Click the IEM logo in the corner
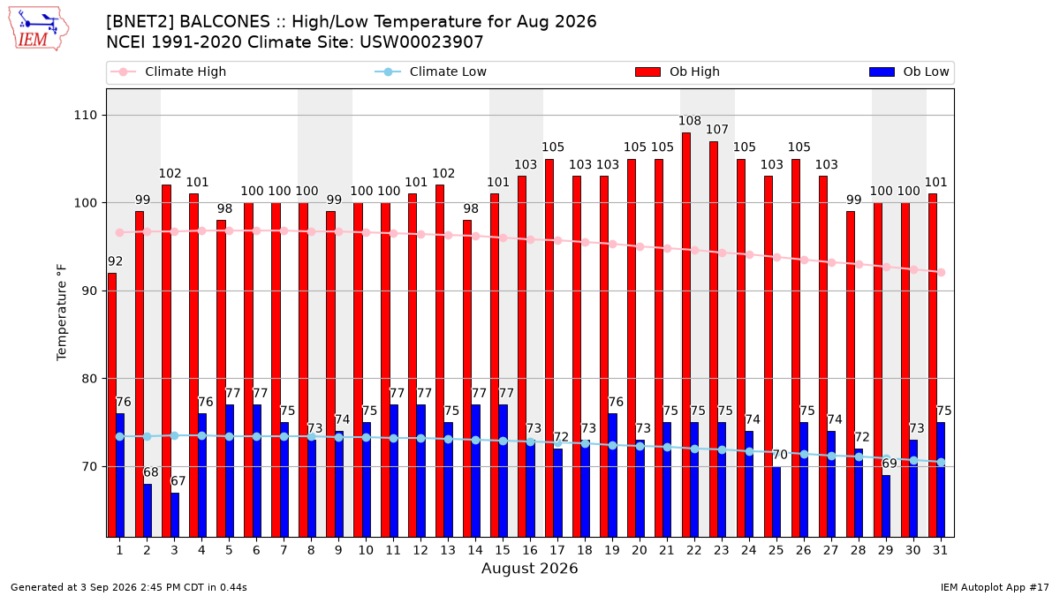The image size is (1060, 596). point(38,29)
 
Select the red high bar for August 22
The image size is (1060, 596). point(686,335)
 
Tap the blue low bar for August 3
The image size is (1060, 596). point(175,515)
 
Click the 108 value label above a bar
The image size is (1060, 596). point(690,121)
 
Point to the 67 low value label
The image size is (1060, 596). point(178,481)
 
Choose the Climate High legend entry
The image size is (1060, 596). point(169,72)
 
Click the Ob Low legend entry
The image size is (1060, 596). point(909,72)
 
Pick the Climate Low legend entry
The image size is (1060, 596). point(431,72)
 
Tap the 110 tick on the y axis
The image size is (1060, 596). point(85,116)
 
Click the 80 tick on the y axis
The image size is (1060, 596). point(89,379)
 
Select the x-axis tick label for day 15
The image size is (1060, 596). point(503,550)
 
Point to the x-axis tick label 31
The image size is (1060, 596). point(940,550)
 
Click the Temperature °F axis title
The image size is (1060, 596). point(62,313)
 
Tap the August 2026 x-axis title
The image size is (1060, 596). point(530,568)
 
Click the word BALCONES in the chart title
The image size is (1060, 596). point(224,22)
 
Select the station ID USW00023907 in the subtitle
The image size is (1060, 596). point(421,42)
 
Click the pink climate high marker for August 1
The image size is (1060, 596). point(120,233)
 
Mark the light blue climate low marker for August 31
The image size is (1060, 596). point(942,463)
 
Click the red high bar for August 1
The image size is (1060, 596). point(112,405)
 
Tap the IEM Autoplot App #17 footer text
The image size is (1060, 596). point(995,587)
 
